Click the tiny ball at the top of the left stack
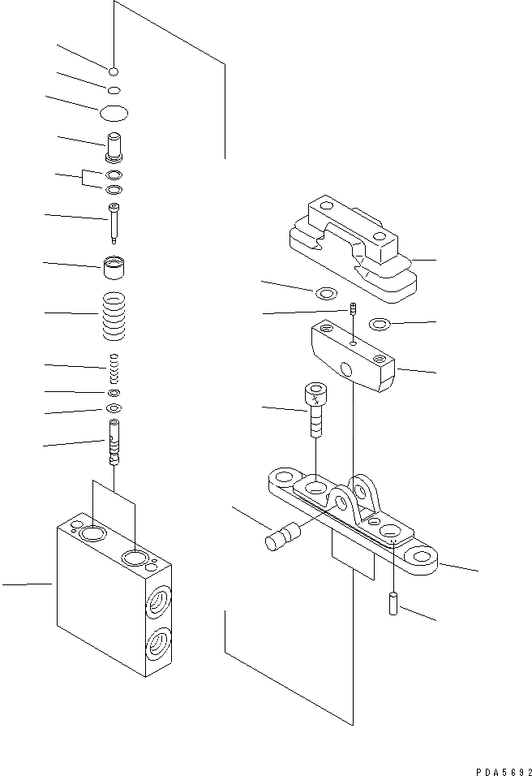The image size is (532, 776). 115,70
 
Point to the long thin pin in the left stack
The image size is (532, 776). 114,222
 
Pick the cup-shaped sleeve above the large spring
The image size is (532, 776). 114,267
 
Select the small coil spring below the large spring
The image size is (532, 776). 114,369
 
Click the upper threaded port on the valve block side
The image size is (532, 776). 157,601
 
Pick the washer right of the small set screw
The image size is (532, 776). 379,325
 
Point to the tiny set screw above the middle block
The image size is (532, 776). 354,308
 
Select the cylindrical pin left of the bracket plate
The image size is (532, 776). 282,538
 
